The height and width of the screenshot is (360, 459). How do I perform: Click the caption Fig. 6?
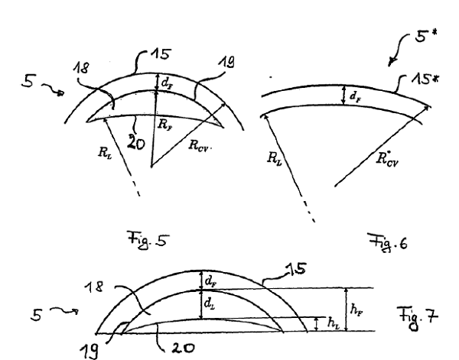pyautogui.click(x=388, y=242)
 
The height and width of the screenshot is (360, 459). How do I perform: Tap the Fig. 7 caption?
pyautogui.click(x=418, y=318)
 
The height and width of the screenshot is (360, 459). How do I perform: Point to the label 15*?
pyautogui.click(x=425, y=79)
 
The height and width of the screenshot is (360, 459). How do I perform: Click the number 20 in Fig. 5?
pyautogui.click(x=136, y=143)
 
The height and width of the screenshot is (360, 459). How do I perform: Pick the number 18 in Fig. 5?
pyautogui.click(x=81, y=68)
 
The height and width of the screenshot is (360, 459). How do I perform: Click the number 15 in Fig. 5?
pyautogui.click(x=161, y=55)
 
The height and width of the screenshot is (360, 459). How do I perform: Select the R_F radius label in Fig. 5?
pyautogui.click(x=164, y=125)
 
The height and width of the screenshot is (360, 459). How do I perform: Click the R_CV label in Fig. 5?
pyautogui.click(x=198, y=146)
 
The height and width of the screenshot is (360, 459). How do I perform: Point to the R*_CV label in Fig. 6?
pyautogui.click(x=387, y=159)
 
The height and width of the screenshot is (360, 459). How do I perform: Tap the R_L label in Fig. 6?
pyautogui.click(x=275, y=159)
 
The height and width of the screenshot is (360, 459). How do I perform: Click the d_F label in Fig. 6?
pyautogui.click(x=356, y=96)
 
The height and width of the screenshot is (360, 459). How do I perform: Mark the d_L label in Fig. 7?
pyautogui.click(x=210, y=303)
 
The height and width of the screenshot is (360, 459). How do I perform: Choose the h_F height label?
pyautogui.click(x=356, y=309)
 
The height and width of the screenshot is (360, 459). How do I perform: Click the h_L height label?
pyautogui.click(x=334, y=323)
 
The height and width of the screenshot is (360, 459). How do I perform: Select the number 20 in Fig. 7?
pyautogui.click(x=183, y=348)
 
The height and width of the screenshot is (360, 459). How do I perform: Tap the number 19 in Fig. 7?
pyautogui.click(x=89, y=351)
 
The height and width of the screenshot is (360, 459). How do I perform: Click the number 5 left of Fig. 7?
pyautogui.click(x=37, y=315)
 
